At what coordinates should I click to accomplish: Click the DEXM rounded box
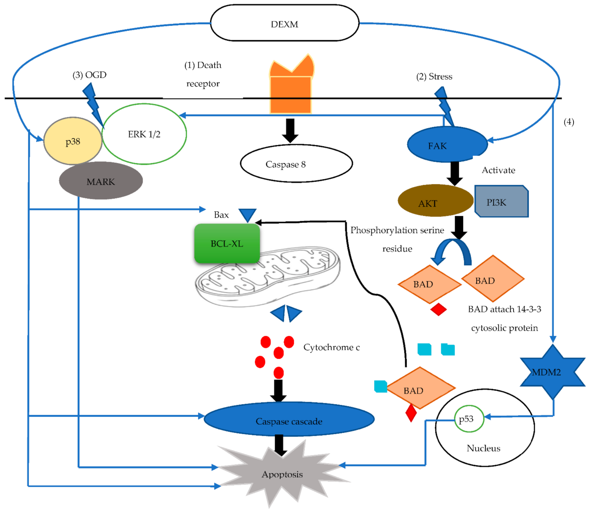284,23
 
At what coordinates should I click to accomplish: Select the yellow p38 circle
72,141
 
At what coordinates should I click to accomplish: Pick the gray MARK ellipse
101,181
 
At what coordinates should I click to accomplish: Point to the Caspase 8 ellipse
296,164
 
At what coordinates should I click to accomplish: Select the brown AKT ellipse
435,201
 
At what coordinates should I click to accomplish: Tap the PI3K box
501,202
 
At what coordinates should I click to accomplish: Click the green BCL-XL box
227,244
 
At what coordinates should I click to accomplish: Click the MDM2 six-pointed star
552,372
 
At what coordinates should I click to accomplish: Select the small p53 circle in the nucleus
469,419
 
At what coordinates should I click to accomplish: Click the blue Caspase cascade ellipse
289,420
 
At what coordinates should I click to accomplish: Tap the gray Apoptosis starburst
281,473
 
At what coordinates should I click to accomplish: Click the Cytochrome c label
331,347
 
